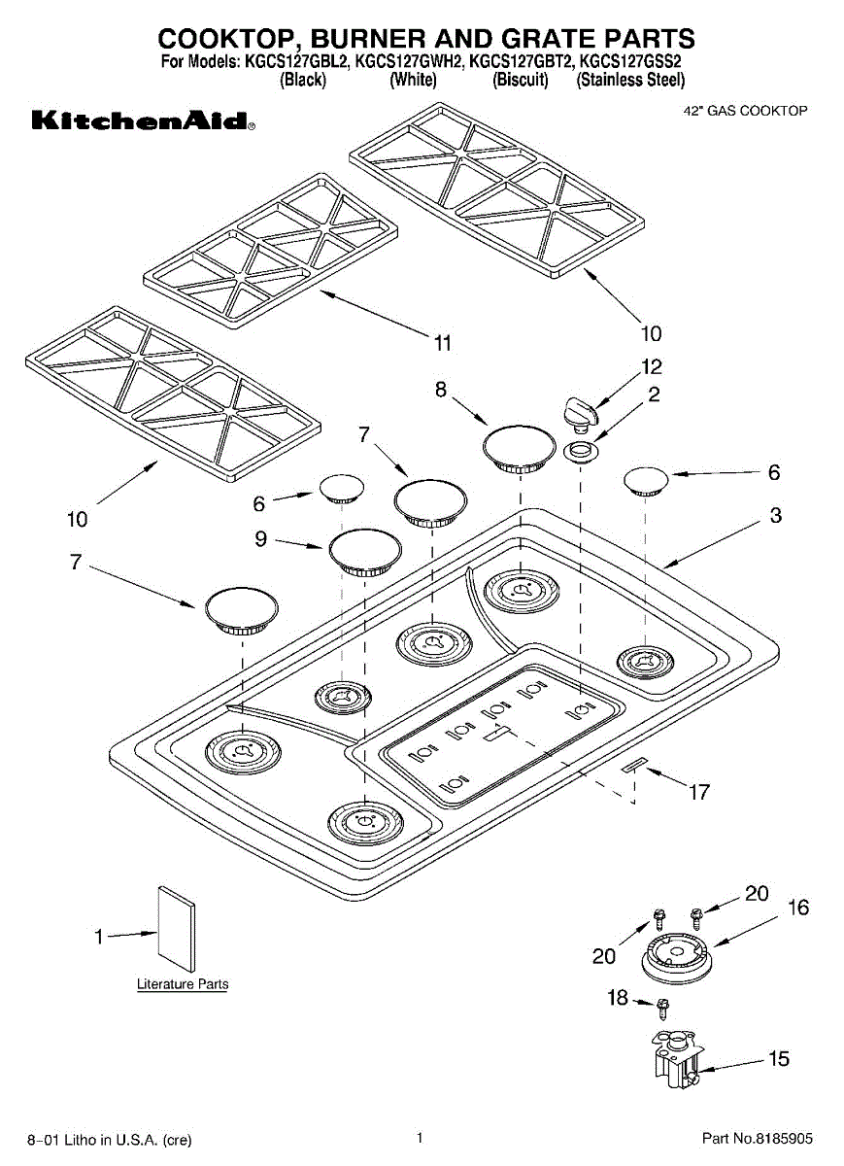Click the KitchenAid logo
tap(144, 120)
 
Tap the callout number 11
tap(442, 343)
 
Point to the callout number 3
tap(775, 515)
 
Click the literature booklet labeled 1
tap(177, 929)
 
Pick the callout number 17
tap(699, 792)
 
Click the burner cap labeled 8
tap(519, 449)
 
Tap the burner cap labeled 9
tap(365, 552)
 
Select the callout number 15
tap(778, 1058)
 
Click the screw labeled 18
tap(663, 1009)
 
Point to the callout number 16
tap(798, 908)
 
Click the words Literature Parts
tap(183, 984)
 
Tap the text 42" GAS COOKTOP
tap(745, 111)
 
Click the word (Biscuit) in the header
tap(521, 80)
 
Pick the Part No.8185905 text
tap(758, 1139)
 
